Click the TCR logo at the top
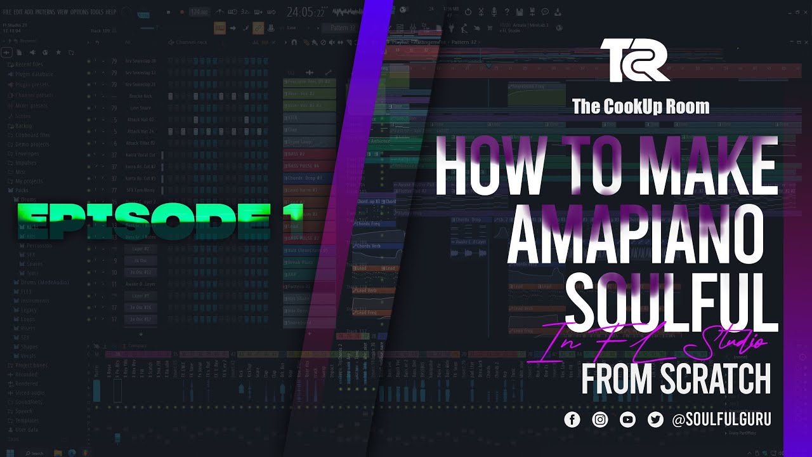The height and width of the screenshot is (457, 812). (634, 60)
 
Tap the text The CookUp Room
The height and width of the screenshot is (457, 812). (641, 106)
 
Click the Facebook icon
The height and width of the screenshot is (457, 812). (572, 420)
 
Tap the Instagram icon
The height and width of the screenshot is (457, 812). (600, 420)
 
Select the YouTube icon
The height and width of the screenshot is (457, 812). (628, 420)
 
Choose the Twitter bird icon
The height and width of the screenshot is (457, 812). (655, 420)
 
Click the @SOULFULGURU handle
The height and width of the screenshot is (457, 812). (721, 420)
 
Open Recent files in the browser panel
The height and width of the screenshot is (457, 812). (29, 64)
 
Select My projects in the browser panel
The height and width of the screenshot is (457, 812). (28, 181)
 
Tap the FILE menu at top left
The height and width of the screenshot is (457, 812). (7, 12)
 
